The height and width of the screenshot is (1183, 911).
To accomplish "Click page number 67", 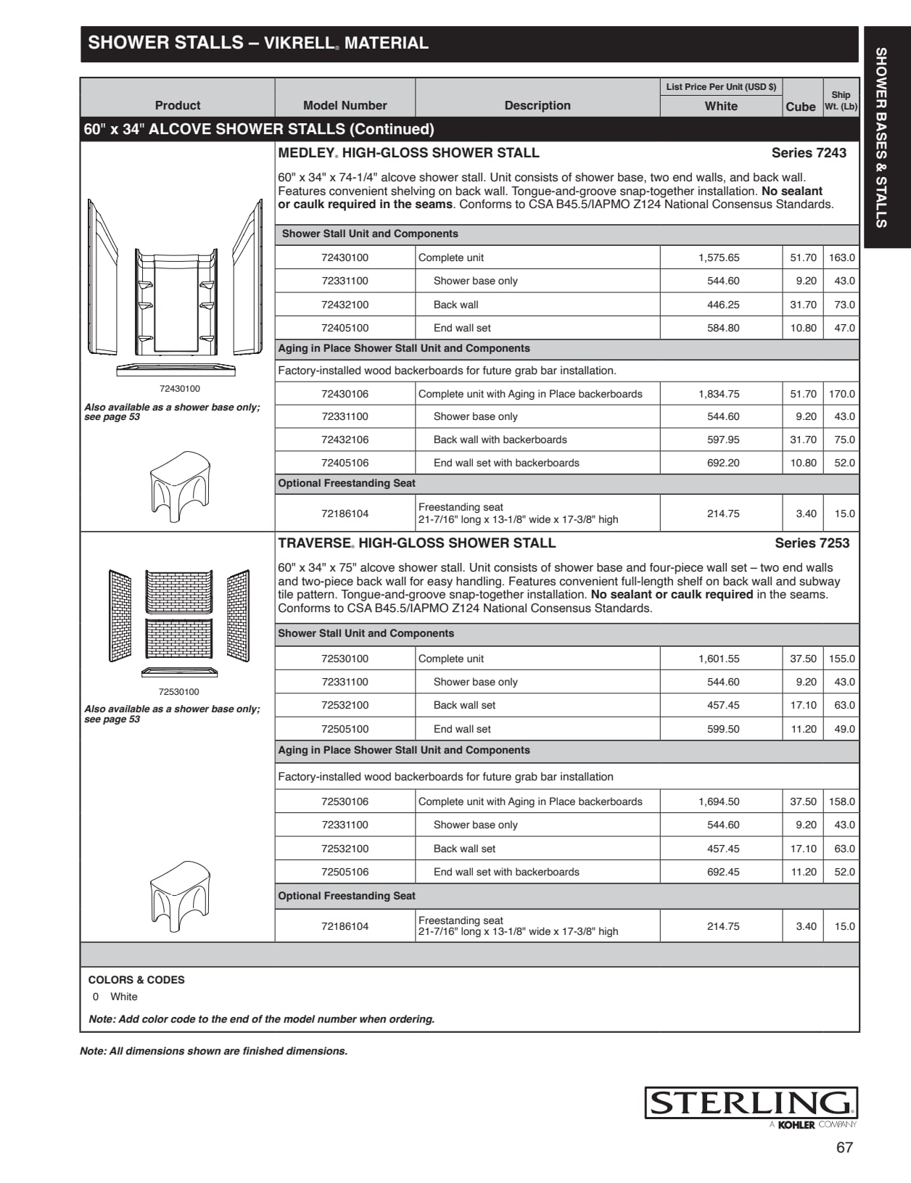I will pos(844,1147).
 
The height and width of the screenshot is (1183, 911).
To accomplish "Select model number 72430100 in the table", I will pos(345,257).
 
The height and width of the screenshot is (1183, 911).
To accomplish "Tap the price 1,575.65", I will pos(719,257).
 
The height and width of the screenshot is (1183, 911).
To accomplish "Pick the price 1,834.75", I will pos(719,394).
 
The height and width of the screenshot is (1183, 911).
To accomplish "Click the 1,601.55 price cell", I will pos(719,659).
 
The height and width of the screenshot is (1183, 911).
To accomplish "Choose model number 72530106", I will pos(345,801).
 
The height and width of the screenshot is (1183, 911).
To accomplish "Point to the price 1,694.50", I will pos(719,801).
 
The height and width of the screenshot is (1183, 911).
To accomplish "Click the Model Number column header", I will pos(345,105).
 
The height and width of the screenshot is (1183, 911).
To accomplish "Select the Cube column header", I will pos(801,107).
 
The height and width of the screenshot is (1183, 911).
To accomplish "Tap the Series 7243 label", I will pos(809,153).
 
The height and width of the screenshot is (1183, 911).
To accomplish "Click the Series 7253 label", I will pos(812,543).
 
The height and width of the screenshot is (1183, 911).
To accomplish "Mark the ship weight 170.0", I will pos(842,394).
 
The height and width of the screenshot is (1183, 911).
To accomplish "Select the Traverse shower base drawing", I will pos(179,672).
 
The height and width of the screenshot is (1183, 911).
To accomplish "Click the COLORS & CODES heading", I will pos(136,980).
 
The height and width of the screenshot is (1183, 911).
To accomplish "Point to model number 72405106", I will pos(345,463).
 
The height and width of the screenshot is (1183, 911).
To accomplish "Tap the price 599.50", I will pos(723,729).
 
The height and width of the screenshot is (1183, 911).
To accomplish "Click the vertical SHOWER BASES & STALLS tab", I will pos(881,138).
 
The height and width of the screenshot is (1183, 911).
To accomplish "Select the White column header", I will pos(721,106).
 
